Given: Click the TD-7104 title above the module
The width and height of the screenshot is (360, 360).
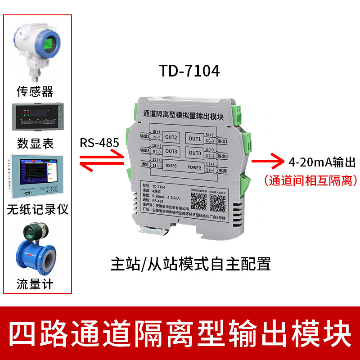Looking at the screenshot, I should (189, 71).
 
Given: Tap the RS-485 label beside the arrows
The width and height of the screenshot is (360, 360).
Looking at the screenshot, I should (99, 144).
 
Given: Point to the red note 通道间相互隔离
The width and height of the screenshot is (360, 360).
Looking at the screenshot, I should (311, 180).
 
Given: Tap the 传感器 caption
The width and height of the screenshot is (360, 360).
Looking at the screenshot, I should (35, 91).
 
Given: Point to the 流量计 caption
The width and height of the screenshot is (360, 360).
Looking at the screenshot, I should (35, 284).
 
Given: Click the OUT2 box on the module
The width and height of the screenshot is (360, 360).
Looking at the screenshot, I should (171, 137).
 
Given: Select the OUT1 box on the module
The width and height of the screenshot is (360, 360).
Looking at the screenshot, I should (195, 138).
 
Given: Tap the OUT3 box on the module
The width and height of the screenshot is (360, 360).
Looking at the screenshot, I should (171, 151).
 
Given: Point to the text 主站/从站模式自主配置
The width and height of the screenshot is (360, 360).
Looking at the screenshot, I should (191, 264).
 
